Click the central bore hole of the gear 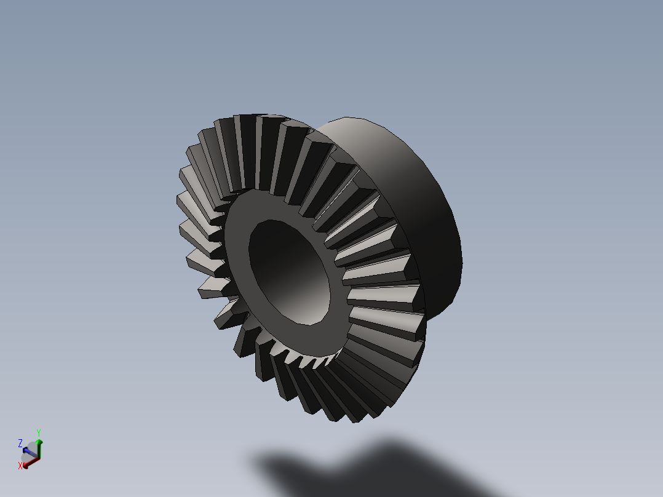289,271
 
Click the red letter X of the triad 20,466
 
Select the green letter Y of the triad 39,432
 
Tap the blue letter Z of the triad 20,443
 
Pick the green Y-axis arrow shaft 39,451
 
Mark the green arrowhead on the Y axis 39,442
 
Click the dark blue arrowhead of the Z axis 26,450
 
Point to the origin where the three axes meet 39,459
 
